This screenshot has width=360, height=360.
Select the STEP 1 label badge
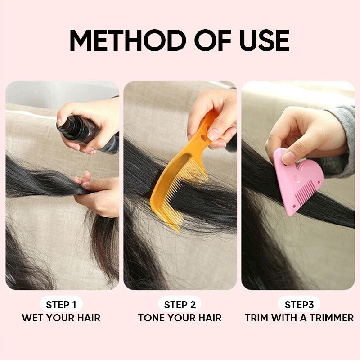(61, 305)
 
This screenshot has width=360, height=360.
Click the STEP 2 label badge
(180, 305)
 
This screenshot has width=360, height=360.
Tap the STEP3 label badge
(299, 305)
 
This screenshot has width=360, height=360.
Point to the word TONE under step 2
(152, 318)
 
